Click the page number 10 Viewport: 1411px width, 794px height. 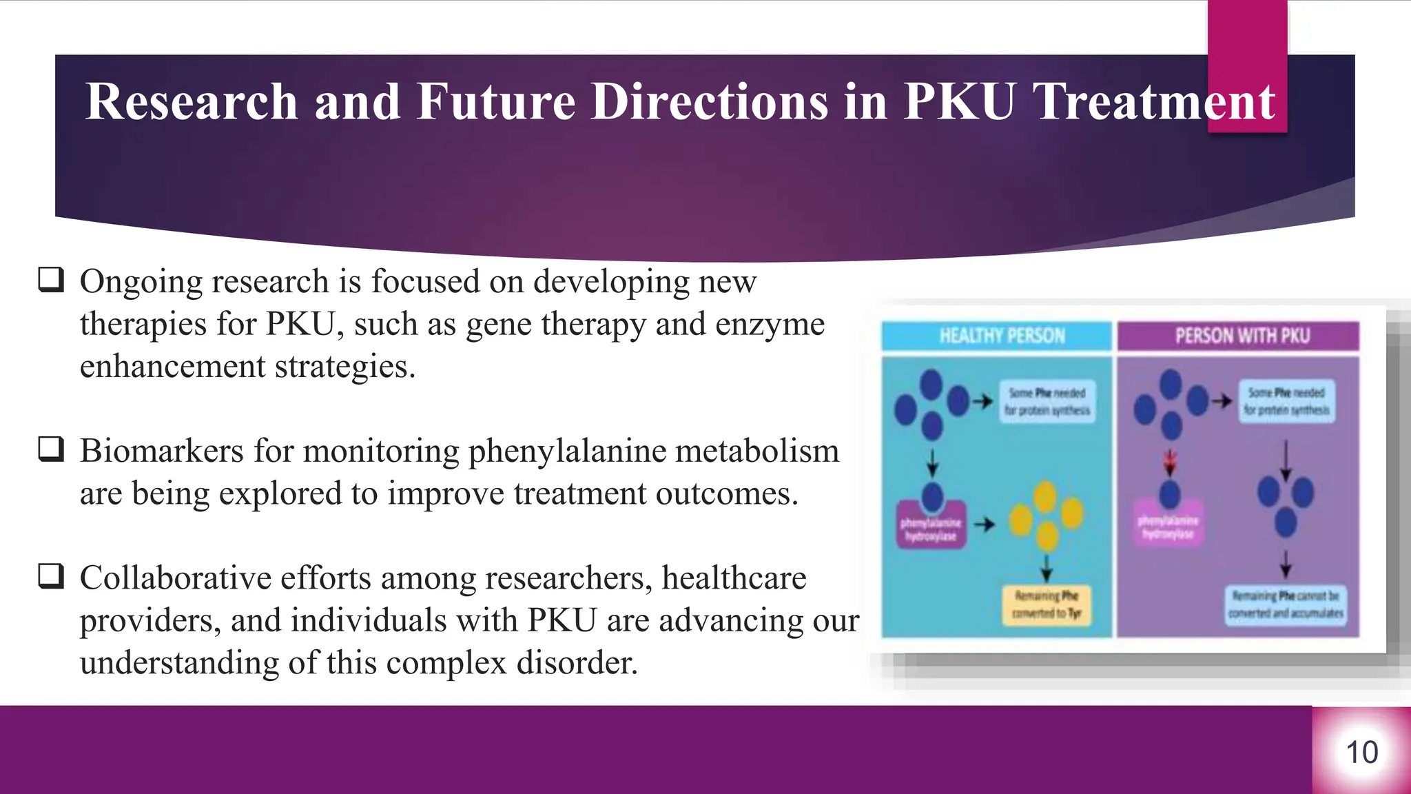coord(1361,752)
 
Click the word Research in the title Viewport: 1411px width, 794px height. coord(192,101)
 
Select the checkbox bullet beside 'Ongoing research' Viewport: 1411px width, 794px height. coord(51,280)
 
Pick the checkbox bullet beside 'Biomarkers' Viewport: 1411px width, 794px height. coord(51,449)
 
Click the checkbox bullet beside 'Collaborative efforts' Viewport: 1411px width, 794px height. coord(51,576)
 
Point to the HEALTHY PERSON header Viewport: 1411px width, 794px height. coord(1002,336)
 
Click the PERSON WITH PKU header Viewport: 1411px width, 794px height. coord(1242,336)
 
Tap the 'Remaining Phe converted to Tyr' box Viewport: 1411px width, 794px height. coord(1046,604)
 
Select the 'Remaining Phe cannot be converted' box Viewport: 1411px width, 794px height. coord(1286,604)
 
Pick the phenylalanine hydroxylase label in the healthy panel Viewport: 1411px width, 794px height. coord(931,529)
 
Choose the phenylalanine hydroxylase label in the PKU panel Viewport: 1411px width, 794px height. coord(1168,528)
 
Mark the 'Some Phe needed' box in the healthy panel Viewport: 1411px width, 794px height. coord(1047,401)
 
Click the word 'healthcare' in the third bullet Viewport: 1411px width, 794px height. coord(734,578)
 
